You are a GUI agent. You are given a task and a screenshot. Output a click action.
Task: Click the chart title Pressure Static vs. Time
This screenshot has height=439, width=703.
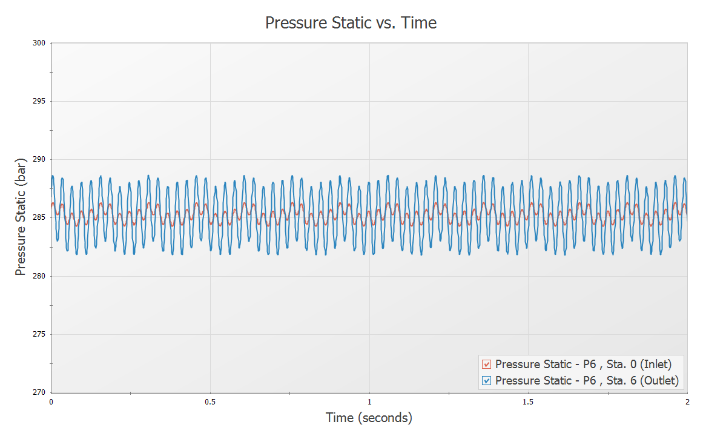351,23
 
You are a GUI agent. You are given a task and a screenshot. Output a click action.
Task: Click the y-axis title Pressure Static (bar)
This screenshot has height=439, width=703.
21,218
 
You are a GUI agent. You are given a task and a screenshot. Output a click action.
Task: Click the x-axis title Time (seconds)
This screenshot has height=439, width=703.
369,418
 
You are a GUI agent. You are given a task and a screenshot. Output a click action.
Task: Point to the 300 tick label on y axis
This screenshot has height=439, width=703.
39,43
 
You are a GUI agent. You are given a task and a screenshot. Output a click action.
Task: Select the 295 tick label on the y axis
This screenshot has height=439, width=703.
39,101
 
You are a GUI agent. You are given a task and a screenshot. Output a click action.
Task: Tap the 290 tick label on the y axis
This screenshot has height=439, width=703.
39,159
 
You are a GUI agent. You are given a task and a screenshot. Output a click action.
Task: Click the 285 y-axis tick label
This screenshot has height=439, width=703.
39,218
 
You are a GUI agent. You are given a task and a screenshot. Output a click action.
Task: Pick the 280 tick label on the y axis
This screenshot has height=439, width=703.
39,276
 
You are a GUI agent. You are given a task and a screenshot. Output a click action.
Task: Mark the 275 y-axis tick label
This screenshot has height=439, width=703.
39,334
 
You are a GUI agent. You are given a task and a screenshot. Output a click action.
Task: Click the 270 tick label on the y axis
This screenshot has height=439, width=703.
39,392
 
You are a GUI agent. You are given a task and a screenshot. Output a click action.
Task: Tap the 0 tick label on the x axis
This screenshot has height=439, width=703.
51,401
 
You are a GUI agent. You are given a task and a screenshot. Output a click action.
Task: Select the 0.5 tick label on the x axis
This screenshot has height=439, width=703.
210,401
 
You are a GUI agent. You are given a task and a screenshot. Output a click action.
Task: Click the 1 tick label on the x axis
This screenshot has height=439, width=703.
369,401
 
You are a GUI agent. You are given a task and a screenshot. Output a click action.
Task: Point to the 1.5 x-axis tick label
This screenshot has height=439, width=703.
529,401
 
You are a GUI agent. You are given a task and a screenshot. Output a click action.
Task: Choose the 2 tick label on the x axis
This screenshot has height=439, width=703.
687,401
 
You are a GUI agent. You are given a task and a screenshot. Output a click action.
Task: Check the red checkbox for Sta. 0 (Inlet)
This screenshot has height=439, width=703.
486,365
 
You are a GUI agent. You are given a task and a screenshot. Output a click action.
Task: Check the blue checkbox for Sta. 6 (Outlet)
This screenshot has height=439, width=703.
486,381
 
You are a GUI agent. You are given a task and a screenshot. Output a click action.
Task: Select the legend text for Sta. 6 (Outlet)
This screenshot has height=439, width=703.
587,381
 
